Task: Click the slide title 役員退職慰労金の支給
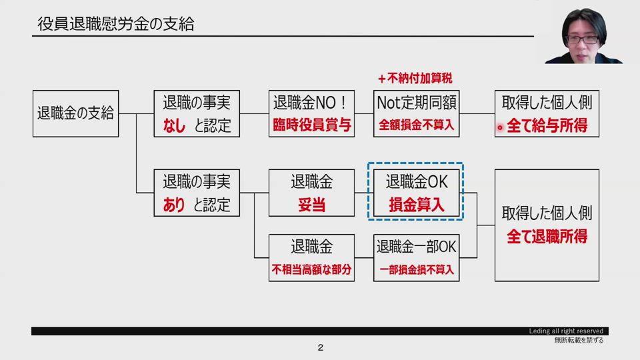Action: [x=116, y=25]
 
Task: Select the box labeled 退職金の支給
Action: [x=76, y=113]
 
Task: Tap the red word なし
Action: [x=175, y=125]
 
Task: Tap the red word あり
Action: [x=175, y=205]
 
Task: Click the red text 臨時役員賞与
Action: [x=311, y=125]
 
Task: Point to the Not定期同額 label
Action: [x=416, y=103]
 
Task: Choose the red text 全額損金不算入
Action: [x=416, y=125]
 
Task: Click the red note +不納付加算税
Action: [x=419, y=78]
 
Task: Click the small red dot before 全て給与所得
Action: [x=500, y=127]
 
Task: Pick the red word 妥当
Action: [x=311, y=205]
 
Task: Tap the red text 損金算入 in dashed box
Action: [x=416, y=205]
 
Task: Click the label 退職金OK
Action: [x=416, y=181]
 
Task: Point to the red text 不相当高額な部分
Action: [x=311, y=270]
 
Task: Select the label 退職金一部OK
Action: [x=416, y=247]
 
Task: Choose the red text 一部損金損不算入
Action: [x=416, y=270]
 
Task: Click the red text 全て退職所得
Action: [x=547, y=237]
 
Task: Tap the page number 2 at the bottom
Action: [x=320, y=348]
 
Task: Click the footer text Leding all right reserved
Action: [x=566, y=331]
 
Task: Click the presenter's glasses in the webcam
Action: [x=583, y=39]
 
